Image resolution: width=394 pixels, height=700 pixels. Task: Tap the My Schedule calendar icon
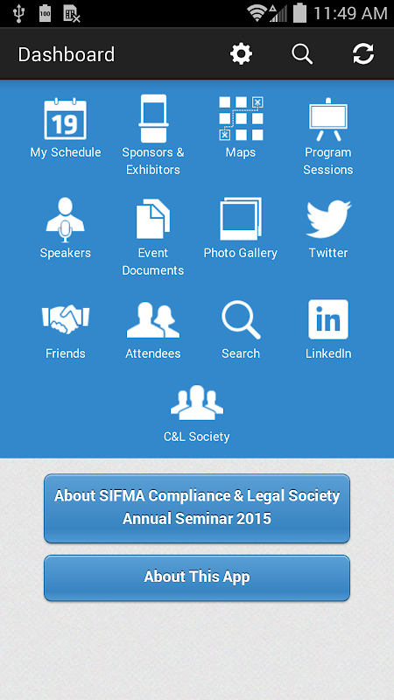[65, 119]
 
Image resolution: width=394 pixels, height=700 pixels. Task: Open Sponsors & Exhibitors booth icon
[153, 118]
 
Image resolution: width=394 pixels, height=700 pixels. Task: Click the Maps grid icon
[242, 118]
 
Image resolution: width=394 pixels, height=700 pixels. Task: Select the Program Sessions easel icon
[328, 119]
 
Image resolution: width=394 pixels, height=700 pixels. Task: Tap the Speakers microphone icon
[65, 220]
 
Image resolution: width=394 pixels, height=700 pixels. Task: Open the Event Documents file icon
[153, 219]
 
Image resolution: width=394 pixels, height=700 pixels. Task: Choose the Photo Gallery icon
[241, 220]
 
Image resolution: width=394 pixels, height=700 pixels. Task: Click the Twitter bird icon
[328, 219]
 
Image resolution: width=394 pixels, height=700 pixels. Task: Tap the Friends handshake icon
[65, 318]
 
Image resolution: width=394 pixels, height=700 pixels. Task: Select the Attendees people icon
[153, 319]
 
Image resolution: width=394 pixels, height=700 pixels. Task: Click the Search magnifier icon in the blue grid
[241, 319]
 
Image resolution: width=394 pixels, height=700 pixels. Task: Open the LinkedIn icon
[328, 319]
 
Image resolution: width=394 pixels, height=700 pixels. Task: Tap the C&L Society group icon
[197, 402]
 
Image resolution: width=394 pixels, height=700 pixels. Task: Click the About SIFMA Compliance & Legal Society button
[197, 508]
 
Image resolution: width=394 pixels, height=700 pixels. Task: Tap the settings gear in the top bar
[242, 54]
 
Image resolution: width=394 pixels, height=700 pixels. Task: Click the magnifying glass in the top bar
[302, 54]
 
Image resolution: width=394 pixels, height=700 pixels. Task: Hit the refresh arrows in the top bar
[363, 54]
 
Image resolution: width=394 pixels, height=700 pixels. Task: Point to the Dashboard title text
[67, 54]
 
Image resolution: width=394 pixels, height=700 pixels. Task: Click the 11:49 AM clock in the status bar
[350, 13]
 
